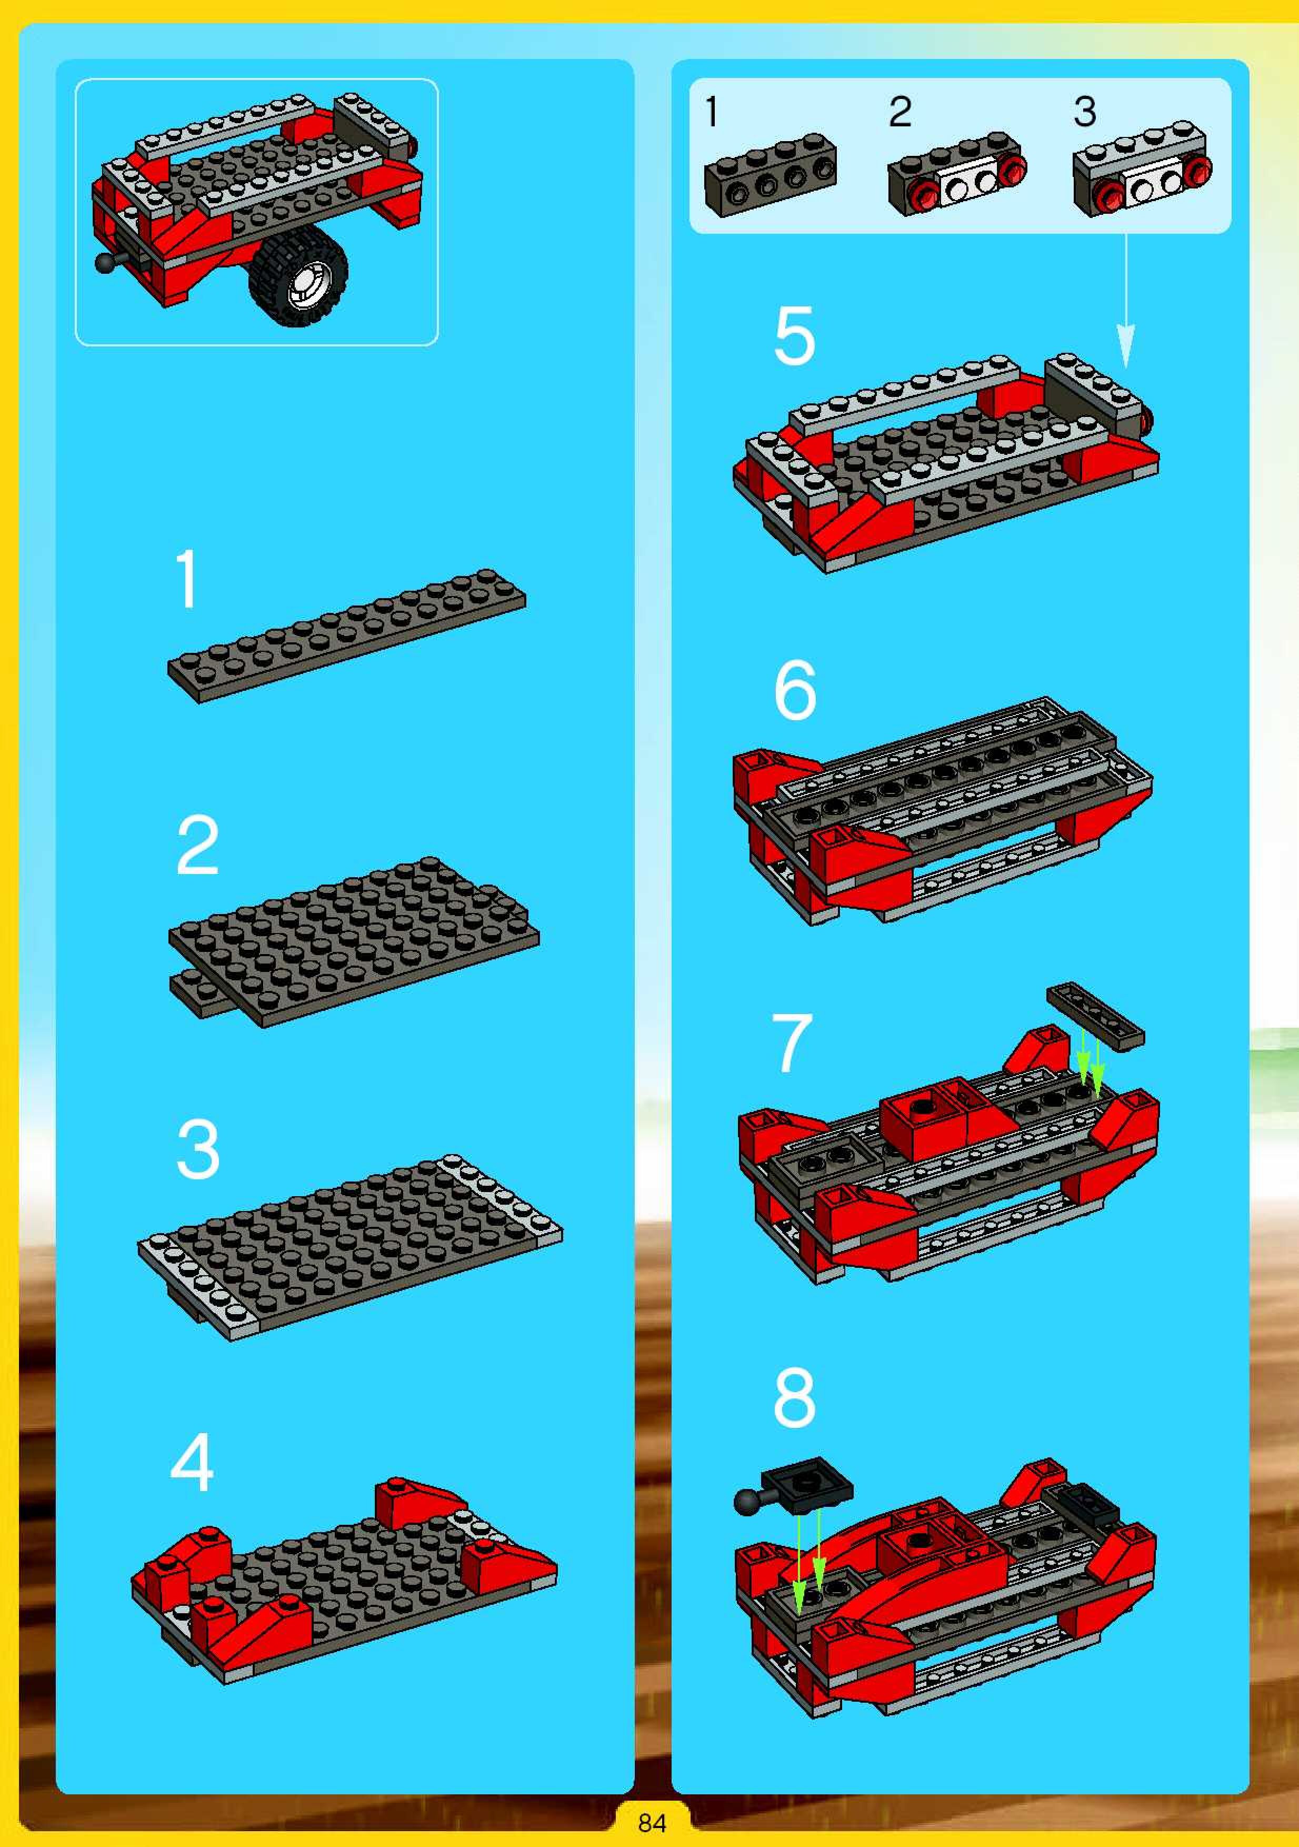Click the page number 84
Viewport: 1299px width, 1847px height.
pyautogui.click(x=652, y=1822)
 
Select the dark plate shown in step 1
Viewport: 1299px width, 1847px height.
pyautogui.click(x=347, y=635)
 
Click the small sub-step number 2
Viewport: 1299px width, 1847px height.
pyautogui.click(x=900, y=112)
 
